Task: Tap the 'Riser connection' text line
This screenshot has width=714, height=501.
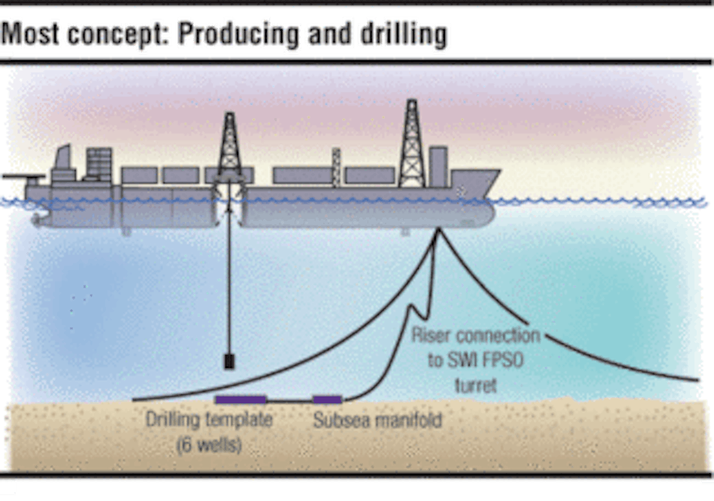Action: click(475, 335)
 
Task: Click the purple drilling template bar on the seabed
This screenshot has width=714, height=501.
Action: click(241, 399)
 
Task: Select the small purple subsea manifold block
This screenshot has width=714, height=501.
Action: click(328, 399)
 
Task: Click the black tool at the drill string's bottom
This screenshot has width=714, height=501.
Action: click(228, 361)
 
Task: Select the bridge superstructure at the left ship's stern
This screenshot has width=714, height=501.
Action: click(98, 165)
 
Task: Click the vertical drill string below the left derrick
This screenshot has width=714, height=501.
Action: click(228, 286)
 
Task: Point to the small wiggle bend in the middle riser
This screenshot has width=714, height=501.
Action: click(412, 308)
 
